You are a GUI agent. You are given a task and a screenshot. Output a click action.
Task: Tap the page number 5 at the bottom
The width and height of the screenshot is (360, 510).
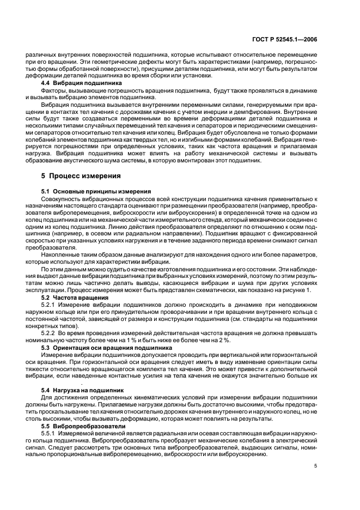pos(315,465)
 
